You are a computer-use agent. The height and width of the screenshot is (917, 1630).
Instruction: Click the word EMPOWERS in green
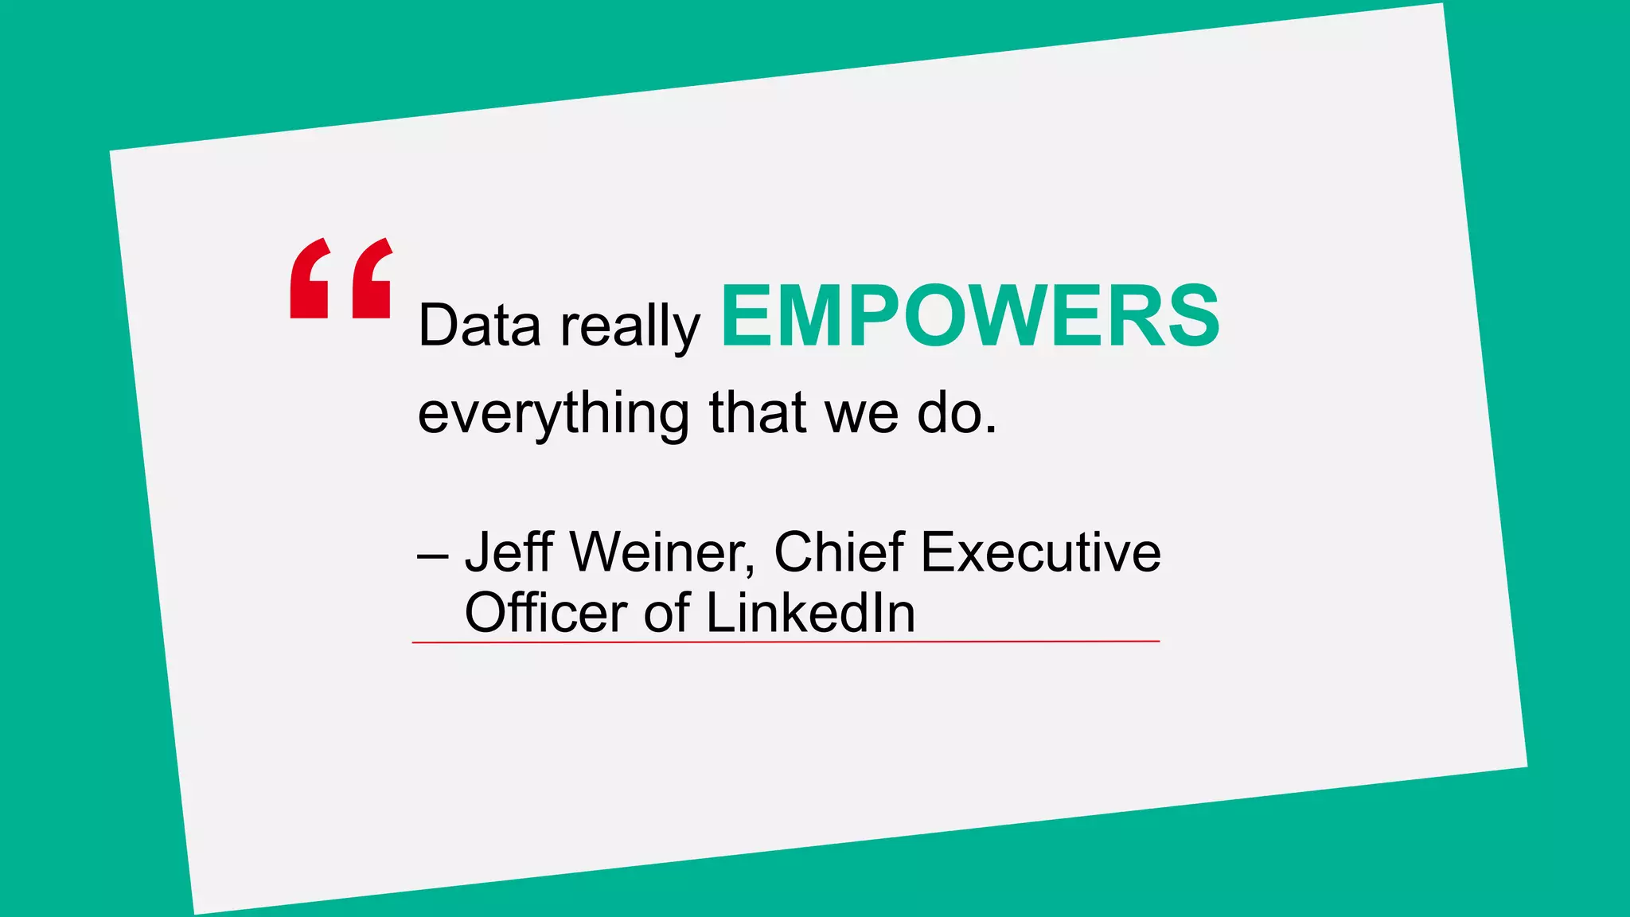click(x=969, y=317)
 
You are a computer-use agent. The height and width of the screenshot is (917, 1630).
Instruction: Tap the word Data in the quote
click(x=479, y=326)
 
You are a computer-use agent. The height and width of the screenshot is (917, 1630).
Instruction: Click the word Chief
click(x=839, y=551)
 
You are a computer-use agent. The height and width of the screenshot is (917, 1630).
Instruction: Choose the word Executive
click(x=1041, y=551)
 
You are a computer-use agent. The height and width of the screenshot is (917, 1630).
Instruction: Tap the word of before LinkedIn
click(x=666, y=612)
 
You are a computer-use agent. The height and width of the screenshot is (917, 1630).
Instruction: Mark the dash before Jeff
click(x=433, y=556)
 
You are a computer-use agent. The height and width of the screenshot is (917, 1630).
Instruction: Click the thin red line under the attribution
click(x=786, y=641)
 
